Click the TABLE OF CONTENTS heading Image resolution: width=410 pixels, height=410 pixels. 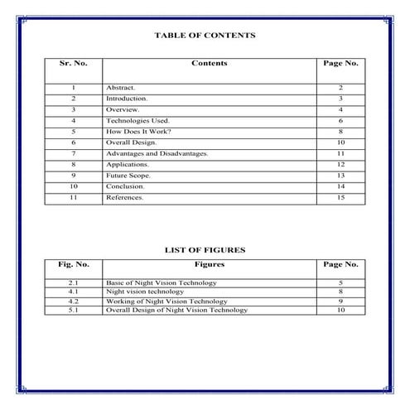point(205,36)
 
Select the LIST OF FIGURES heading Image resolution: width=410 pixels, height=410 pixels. point(205,248)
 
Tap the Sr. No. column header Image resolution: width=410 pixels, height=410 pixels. point(73,64)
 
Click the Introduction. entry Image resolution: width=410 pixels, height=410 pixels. point(127,99)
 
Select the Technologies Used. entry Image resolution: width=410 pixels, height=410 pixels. point(137,121)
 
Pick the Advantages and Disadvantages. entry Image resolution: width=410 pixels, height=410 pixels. point(157,154)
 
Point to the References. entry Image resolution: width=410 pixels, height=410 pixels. point(125,198)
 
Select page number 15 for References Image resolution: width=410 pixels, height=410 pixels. point(340,198)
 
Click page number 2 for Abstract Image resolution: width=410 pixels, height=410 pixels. point(340,87)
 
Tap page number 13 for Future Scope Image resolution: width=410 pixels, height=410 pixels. point(340,176)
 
